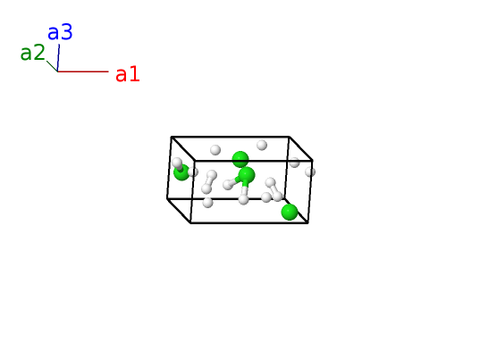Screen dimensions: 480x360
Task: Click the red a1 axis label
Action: tap(128, 74)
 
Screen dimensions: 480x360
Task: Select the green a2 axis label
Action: tap(32, 53)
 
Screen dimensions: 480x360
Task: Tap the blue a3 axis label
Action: tap(60, 32)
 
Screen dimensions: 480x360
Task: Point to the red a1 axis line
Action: tap(83, 71)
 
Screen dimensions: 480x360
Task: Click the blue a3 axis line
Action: tap(58, 58)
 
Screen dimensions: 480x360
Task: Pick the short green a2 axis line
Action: tap(52, 66)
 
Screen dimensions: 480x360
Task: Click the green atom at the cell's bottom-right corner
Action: tap(290, 212)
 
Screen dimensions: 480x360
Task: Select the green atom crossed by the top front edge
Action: tap(240, 159)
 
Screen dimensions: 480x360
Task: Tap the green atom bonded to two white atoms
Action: tap(247, 175)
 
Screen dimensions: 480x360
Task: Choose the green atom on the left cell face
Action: tap(181, 172)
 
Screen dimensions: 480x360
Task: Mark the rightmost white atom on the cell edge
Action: tap(310, 172)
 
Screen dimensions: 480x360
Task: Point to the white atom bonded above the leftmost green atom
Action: tap(177, 163)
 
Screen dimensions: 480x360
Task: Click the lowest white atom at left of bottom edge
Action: tap(207, 203)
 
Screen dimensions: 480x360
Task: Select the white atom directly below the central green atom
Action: tap(243, 200)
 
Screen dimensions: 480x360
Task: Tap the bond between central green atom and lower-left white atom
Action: tap(236, 180)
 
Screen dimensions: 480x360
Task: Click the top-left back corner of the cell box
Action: tap(171, 137)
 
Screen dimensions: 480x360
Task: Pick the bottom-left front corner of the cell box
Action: tap(190, 223)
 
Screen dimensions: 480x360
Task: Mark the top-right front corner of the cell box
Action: tap(312, 160)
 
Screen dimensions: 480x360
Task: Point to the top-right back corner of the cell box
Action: tap(289, 137)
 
